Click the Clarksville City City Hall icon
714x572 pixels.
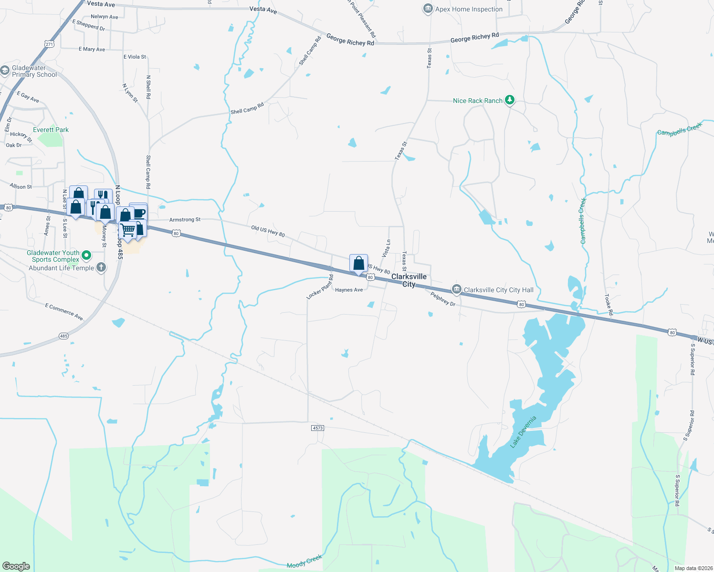[457, 289]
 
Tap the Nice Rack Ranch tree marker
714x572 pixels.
[510, 100]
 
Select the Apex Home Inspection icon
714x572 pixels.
[428, 9]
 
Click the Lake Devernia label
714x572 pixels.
[523, 432]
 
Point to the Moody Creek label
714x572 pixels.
[304, 562]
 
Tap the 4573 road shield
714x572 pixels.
[318, 428]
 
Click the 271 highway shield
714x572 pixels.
[50, 44]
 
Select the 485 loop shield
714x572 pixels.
[64, 336]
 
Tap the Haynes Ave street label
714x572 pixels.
[349, 290]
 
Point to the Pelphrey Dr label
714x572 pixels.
[443, 299]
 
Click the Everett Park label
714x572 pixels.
[51, 130]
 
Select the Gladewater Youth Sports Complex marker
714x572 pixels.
[86, 255]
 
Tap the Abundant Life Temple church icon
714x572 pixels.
[101, 267]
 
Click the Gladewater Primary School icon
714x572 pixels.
[5, 71]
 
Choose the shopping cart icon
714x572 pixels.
[127, 230]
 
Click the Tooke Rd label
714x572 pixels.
[609, 305]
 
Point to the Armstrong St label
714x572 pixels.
[185, 220]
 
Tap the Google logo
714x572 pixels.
[16, 566]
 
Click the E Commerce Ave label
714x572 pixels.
[64, 312]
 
